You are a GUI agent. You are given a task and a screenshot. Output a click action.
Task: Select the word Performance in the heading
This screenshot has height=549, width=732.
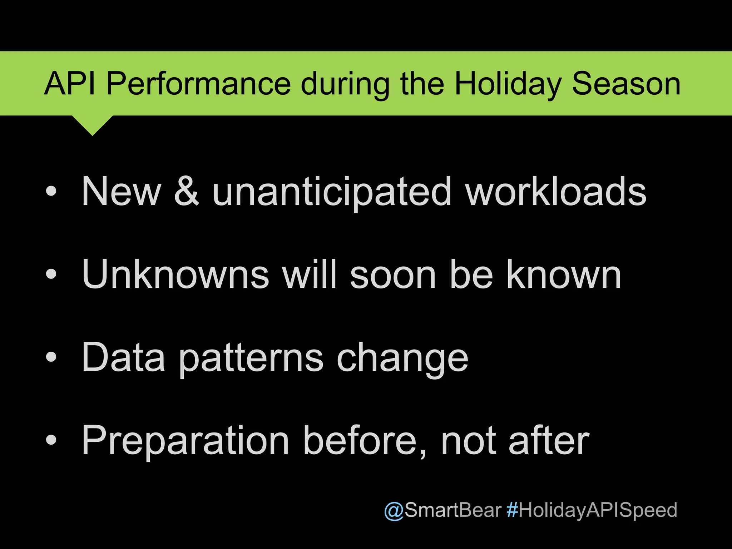click(198, 84)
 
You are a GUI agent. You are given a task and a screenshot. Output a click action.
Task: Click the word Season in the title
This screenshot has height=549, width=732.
click(626, 84)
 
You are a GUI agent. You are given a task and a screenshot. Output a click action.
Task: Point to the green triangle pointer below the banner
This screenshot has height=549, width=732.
click(92, 124)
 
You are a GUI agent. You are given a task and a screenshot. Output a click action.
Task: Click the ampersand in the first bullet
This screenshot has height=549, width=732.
click(186, 192)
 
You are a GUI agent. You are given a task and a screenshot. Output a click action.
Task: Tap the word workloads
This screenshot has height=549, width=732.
click(556, 192)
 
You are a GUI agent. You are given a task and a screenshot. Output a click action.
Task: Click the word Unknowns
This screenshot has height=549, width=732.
click(175, 274)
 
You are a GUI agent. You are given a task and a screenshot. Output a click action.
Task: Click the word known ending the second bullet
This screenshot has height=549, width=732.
click(564, 274)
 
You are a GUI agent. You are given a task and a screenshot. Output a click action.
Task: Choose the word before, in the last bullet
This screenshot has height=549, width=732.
click(365, 440)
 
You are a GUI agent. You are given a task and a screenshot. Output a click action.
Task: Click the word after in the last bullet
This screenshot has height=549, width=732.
click(549, 440)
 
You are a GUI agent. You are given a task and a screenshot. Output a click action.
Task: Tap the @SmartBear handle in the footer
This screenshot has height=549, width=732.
click(442, 510)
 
